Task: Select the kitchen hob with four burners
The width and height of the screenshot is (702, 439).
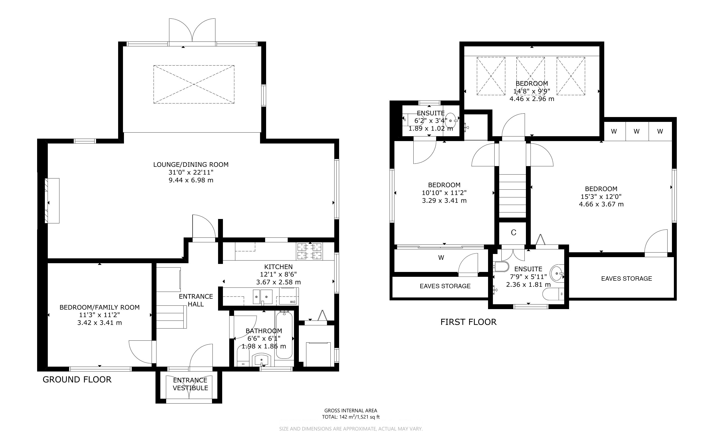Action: click(x=309, y=251)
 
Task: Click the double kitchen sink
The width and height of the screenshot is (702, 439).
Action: click(x=262, y=296)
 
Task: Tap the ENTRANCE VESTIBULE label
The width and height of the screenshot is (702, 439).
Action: click(x=190, y=384)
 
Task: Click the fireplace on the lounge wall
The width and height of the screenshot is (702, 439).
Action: click(x=52, y=201)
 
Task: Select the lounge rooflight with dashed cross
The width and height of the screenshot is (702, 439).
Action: click(x=194, y=84)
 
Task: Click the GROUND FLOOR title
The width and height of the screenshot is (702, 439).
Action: click(x=77, y=380)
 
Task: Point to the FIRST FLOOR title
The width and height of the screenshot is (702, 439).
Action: click(x=468, y=322)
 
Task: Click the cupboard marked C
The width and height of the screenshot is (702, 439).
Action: click(x=513, y=233)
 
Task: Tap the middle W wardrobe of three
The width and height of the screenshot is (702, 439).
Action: click(x=637, y=131)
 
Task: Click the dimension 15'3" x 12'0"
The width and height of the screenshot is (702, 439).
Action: click(x=601, y=197)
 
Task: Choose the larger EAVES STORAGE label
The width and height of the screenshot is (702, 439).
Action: click(x=626, y=279)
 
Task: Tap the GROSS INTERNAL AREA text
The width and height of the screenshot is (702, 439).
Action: click(x=351, y=411)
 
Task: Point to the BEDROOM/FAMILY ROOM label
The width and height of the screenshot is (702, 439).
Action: click(x=99, y=307)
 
